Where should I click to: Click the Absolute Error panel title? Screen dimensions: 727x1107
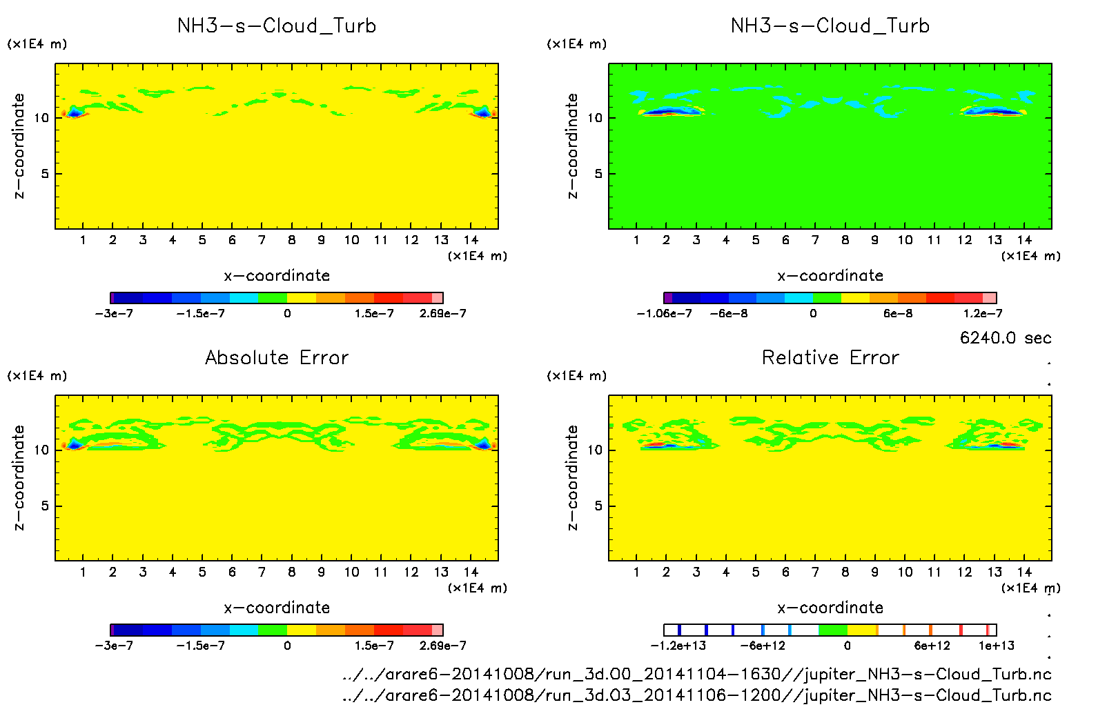[x=277, y=357]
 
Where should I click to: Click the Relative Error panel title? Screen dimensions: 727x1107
[x=830, y=357]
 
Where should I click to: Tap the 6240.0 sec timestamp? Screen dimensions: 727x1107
[x=1006, y=338]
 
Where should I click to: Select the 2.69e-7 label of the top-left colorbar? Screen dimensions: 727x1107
[x=442, y=314]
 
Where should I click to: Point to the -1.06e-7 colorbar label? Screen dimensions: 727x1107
[x=664, y=314]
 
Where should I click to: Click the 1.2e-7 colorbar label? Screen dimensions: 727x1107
[x=983, y=314]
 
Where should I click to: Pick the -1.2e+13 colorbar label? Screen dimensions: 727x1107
[x=678, y=646]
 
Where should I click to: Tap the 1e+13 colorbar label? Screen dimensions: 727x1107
[x=996, y=646]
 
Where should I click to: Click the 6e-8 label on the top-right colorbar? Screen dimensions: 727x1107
[x=898, y=314]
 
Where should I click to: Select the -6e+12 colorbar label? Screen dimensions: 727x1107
[x=763, y=646]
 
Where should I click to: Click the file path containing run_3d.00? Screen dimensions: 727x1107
[x=697, y=674]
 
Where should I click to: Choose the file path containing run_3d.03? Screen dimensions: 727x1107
[x=697, y=695]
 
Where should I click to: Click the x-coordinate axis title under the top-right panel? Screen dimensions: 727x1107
[x=830, y=276]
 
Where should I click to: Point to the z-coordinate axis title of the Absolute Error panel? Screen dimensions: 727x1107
[x=19, y=478]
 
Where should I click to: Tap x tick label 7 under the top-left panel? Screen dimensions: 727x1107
[x=262, y=240]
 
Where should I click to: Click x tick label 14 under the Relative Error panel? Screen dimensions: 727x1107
[x=1024, y=572]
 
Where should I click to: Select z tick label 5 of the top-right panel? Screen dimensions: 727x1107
[x=598, y=174]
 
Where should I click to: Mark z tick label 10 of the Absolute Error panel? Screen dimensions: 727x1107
[x=41, y=450]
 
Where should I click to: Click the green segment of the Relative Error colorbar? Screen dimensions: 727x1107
[x=832, y=630]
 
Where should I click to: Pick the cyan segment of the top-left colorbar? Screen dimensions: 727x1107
[x=243, y=298]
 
